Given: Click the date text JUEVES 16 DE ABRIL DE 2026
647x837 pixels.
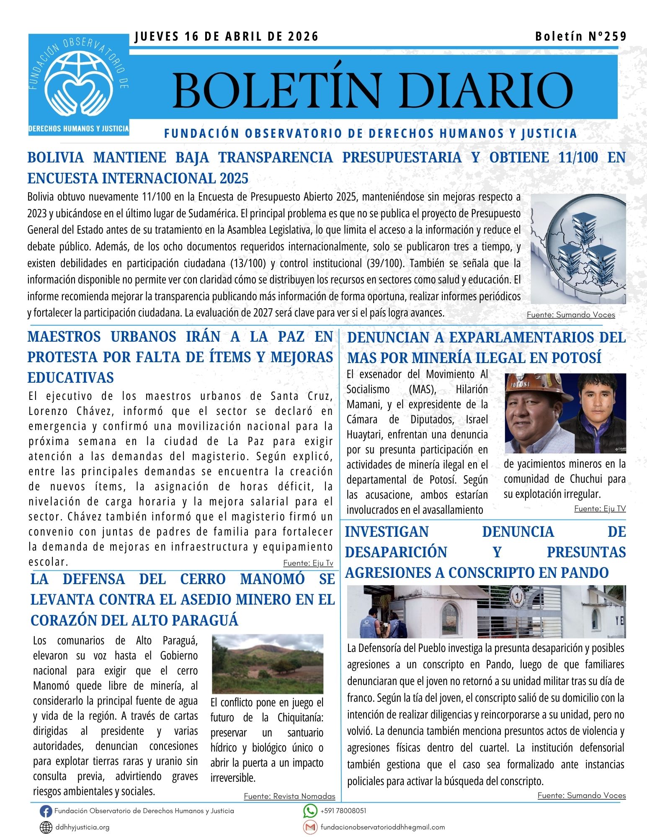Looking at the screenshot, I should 227,37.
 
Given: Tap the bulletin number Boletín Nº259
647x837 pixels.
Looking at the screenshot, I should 581,36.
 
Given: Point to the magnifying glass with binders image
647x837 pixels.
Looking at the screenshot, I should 578,248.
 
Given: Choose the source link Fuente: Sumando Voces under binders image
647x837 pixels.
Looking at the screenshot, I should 571,315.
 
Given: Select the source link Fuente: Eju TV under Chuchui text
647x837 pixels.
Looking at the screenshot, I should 600,509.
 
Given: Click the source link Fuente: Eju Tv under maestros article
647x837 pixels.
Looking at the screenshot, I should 308,563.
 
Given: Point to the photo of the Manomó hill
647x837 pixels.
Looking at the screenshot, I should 268,664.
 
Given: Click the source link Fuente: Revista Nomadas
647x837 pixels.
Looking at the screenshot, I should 289,796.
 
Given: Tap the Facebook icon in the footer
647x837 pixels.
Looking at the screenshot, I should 46,811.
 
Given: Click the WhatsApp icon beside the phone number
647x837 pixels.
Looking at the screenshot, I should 310,811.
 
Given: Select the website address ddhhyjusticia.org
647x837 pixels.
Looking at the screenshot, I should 82,827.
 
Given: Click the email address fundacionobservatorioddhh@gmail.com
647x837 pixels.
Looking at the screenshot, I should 382,827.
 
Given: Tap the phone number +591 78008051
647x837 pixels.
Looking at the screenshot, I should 343,811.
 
